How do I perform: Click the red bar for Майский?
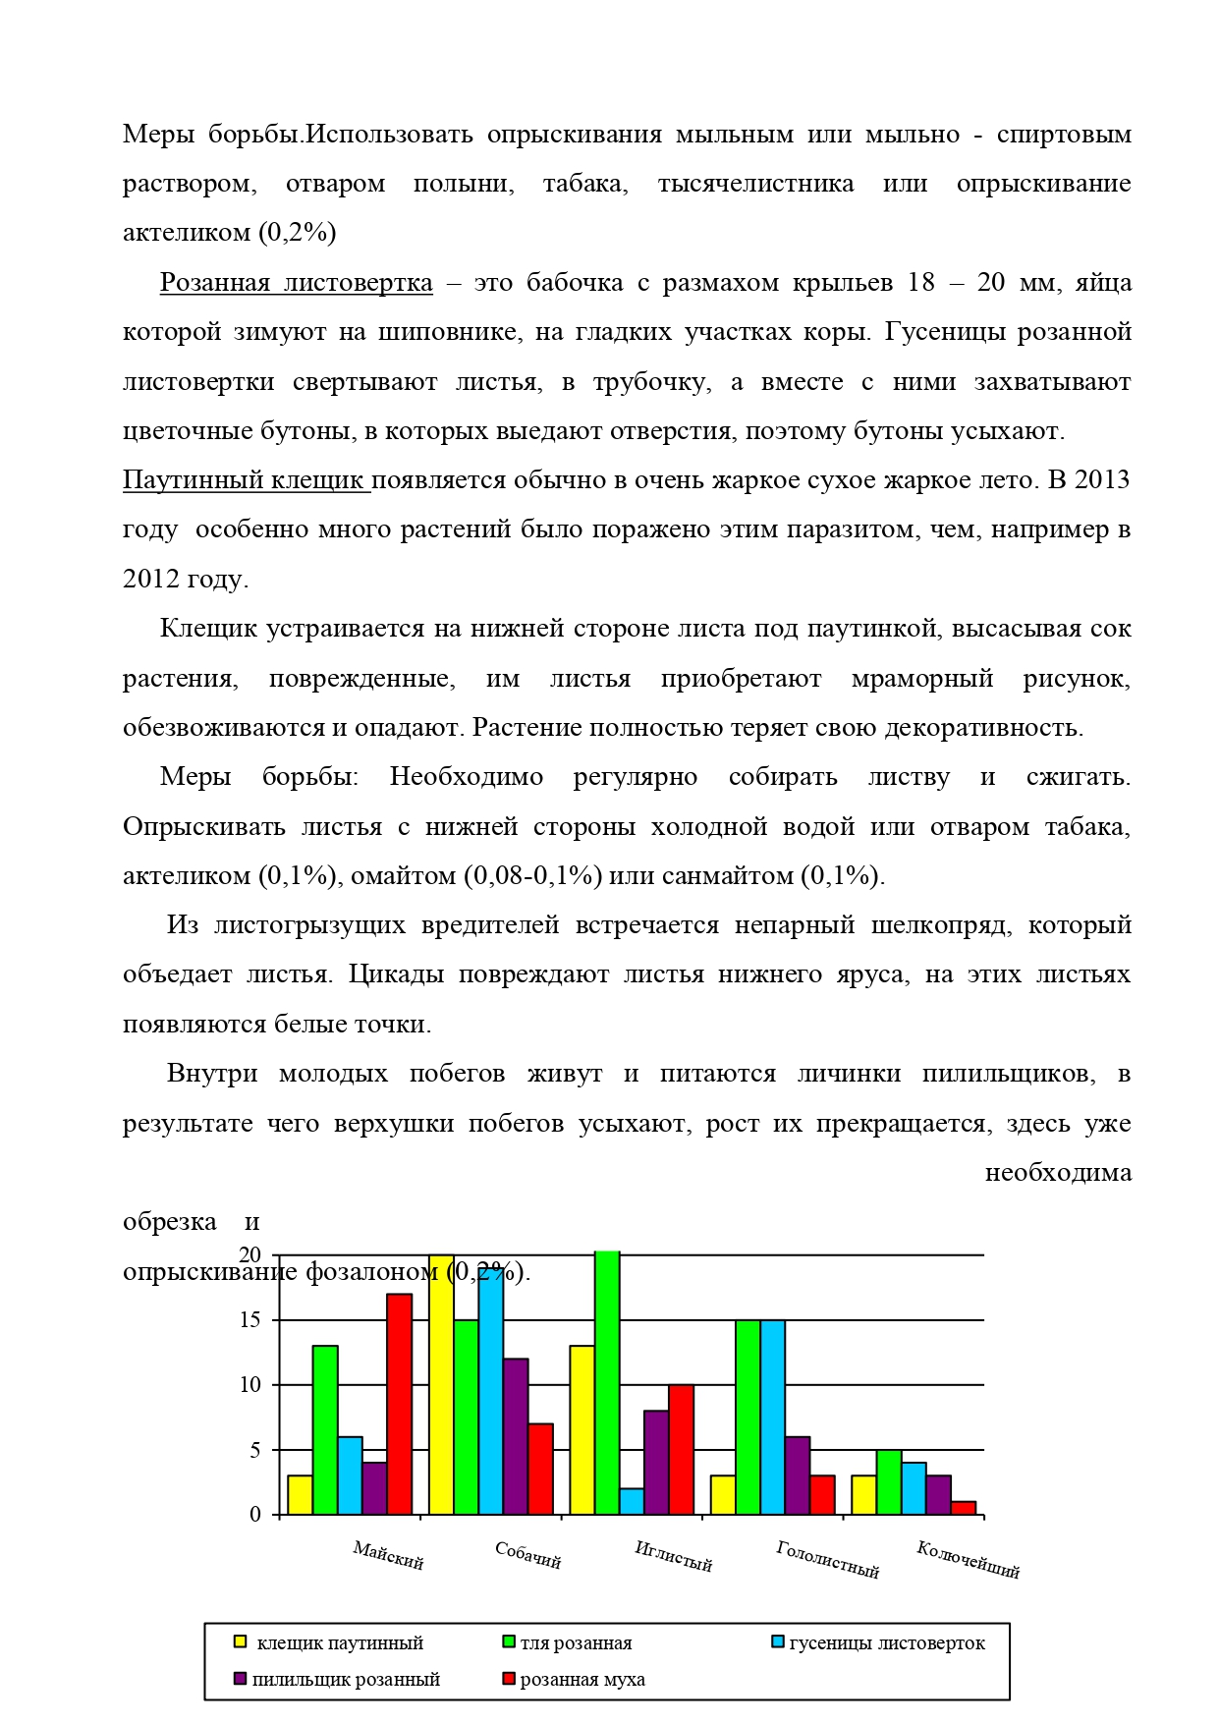(399, 1404)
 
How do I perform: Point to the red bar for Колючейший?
(964, 1508)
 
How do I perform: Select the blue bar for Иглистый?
(632, 1501)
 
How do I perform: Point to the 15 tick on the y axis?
(251, 1320)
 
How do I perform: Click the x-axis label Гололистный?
(827, 1560)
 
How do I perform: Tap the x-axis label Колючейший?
(968, 1560)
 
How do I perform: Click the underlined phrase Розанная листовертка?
(296, 283)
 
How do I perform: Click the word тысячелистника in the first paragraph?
(755, 184)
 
